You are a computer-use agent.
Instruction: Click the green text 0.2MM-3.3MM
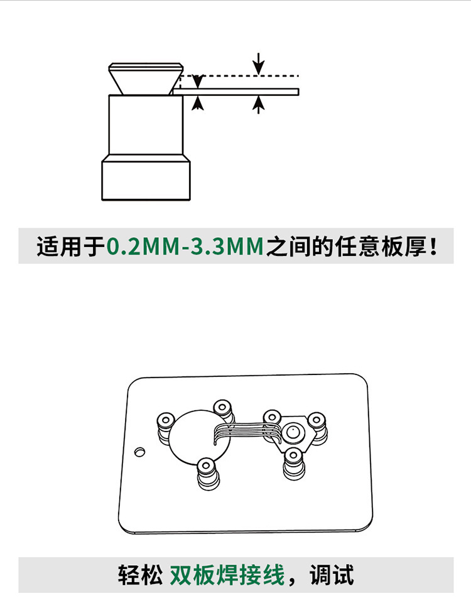pos(185,247)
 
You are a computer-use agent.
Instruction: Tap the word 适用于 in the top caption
pos(71,247)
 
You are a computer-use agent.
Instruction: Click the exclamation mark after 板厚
pos(434,247)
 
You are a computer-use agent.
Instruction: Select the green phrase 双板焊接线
pos(227,575)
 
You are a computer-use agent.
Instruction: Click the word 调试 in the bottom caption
pos(332,575)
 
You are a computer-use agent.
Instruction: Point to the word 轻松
pos(140,575)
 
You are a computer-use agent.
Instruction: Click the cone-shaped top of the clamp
pos(146,78)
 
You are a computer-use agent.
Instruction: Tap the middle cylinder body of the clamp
pos(146,125)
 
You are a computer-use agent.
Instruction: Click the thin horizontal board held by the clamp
pos(236,92)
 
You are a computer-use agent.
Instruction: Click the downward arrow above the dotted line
pos(258,63)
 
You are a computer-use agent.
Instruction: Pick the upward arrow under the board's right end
pos(258,105)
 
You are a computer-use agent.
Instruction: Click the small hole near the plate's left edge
pos(139,452)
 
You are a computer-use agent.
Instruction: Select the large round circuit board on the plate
pos(199,436)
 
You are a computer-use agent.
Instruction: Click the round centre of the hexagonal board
pos(292,433)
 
